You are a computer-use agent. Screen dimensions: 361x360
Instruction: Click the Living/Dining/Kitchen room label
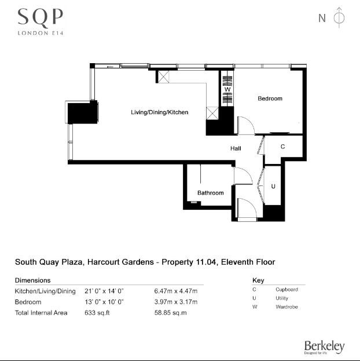click(159, 112)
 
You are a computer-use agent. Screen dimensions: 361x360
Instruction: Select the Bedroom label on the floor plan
click(270, 99)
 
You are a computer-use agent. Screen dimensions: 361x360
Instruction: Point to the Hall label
click(236, 148)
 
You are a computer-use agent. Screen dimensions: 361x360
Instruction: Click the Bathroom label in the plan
click(210, 193)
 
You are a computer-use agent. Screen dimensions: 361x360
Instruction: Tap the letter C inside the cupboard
click(282, 147)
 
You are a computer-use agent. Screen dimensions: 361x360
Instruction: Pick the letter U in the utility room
click(273, 186)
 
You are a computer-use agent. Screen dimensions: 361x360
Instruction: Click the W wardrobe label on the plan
click(227, 89)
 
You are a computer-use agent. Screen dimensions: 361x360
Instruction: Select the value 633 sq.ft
click(96, 313)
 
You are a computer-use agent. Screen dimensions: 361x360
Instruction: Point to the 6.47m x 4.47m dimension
click(175, 291)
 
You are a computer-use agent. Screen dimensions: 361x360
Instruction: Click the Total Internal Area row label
click(41, 313)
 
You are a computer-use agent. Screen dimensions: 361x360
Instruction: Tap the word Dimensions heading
click(32, 280)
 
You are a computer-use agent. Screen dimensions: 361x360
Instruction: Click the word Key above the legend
click(258, 280)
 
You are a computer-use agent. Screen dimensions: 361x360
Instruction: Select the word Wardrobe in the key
click(286, 307)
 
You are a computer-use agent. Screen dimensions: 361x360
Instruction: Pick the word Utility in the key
click(282, 298)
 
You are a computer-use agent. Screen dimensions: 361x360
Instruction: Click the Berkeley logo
click(324, 347)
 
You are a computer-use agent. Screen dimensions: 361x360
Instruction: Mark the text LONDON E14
click(40, 32)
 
